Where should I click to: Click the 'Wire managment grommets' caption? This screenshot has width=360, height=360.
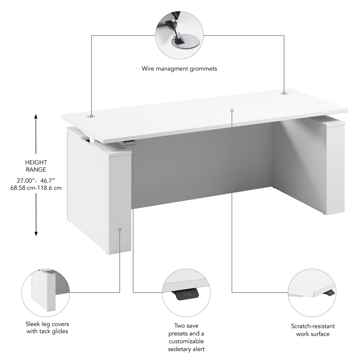[179, 69]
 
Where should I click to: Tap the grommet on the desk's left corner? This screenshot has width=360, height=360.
[91, 116]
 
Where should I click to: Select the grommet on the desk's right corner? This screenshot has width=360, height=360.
[284, 93]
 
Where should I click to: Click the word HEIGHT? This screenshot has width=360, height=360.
[36, 162]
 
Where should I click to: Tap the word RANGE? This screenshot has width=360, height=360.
[36, 170]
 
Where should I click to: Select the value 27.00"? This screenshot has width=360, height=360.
[27, 180]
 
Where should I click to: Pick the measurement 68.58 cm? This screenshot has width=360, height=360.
[23, 188]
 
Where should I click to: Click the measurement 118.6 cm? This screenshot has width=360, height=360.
[50, 188]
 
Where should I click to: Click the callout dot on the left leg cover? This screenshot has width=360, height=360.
[120, 229]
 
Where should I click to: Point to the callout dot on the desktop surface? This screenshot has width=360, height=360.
[232, 110]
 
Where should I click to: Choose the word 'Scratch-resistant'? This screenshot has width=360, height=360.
[310, 326]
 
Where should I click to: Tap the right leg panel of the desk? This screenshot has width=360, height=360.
[335, 166]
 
